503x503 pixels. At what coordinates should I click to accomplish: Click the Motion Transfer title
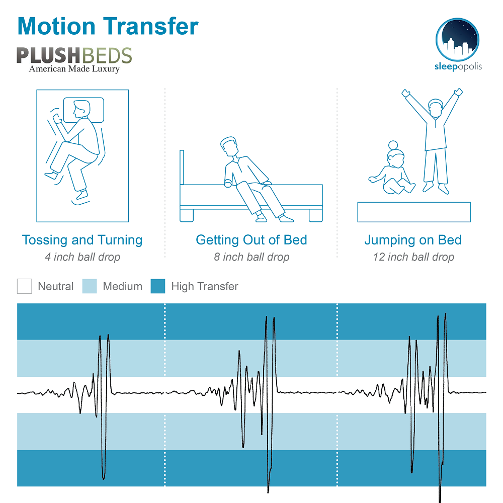point(108,26)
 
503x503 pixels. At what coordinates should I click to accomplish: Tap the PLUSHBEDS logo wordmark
point(74,55)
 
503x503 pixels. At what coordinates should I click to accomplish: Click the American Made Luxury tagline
point(74,68)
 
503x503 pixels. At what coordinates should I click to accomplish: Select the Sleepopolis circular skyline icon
point(457,39)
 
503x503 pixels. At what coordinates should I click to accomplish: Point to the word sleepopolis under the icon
point(458,66)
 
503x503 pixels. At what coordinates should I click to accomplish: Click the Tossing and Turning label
point(82,240)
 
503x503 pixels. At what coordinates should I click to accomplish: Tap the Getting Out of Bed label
point(251,240)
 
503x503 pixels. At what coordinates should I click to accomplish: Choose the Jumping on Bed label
point(413,240)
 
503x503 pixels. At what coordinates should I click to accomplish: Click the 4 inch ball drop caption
point(82,257)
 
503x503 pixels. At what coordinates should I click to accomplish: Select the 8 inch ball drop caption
point(251,257)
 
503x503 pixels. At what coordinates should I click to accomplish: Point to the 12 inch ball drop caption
point(413,257)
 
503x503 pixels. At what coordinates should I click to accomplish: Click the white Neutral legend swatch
point(24,286)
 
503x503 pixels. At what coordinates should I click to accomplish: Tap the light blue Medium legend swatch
point(90,286)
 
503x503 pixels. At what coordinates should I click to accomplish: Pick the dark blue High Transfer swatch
point(158,286)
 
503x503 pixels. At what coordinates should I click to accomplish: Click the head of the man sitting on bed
point(229,146)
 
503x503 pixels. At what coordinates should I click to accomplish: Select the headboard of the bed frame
point(182,167)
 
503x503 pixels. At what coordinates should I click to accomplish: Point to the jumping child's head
point(435,108)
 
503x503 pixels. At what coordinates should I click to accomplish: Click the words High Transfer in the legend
point(205,287)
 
